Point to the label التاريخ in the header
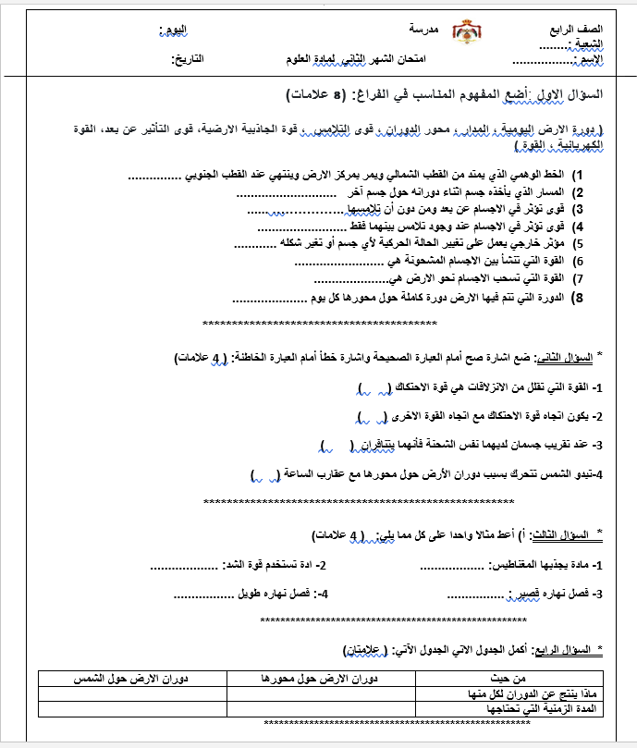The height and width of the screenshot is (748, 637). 188,59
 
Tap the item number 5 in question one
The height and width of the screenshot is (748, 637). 579,245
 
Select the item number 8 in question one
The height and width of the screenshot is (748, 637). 579,298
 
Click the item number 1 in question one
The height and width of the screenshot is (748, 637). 579,175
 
